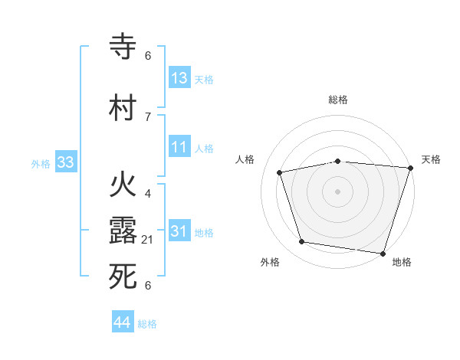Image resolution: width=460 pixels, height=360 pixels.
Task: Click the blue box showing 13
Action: (x=179, y=78)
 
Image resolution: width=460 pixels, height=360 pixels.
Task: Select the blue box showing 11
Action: (x=179, y=147)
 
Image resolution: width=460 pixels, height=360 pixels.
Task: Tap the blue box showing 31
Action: (x=179, y=231)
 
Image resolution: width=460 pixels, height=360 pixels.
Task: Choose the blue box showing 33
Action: (x=65, y=162)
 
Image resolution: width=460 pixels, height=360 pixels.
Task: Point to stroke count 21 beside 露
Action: (x=147, y=241)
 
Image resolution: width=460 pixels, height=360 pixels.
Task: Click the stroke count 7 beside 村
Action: (x=147, y=117)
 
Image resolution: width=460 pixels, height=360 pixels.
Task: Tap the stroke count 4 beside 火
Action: (x=147, y=194)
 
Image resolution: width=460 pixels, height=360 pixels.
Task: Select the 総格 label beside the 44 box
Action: (x=147, y=325)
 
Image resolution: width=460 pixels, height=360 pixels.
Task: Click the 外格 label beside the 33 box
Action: (x=41, y=164)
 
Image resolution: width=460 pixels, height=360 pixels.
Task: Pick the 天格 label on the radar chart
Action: (x=431, y=159)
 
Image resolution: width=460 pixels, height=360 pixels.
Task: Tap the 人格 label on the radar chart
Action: (x=245, y=159)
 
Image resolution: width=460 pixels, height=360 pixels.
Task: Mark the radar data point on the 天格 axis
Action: (x=410, y=168)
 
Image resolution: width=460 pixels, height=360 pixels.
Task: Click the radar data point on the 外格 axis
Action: (x=302, y=242)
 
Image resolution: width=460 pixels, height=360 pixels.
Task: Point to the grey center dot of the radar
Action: (x=338, y=191)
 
